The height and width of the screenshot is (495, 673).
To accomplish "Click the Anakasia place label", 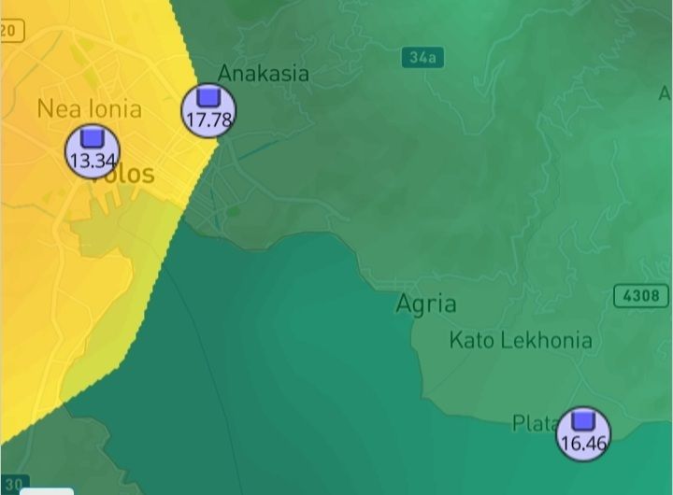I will click(263, 73).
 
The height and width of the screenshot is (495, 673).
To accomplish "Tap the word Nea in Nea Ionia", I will click(58, 108).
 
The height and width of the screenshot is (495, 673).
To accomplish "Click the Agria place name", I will click(426, 304).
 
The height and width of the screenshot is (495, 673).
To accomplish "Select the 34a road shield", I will click(422, 57).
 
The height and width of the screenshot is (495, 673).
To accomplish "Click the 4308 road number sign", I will click(642, 296).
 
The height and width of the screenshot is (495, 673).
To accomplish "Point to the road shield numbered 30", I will click(13, 483).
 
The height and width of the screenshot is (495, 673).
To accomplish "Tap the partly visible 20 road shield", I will click(8, 31).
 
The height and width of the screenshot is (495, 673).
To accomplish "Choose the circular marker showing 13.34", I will click(92, 152).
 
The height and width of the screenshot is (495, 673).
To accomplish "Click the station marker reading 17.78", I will click(208, 110).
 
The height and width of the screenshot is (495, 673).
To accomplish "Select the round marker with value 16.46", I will click(583, 433).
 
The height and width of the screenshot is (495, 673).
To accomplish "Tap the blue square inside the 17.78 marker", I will click(208, 96).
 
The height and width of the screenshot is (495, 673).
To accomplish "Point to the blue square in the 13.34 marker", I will click(92, 138).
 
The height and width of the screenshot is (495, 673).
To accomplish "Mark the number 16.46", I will click(583, 443).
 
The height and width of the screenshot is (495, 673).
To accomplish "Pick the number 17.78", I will click(208, 120).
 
